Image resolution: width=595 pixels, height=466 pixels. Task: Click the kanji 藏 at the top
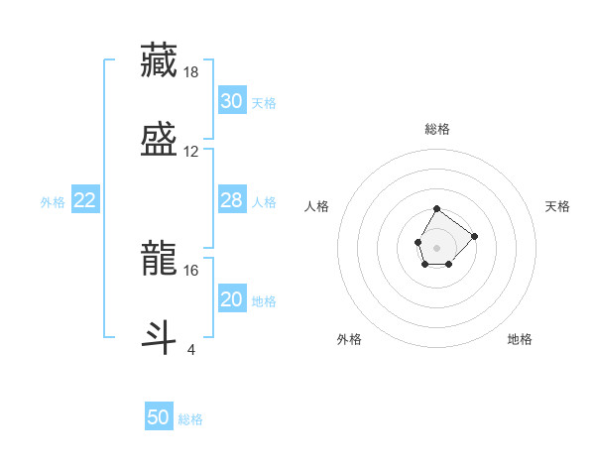[160, 60]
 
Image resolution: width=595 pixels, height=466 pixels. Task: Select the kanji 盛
[160, 139]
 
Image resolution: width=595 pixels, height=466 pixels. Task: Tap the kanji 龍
[160, 260]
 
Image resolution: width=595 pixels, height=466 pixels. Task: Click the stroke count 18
[192, 72]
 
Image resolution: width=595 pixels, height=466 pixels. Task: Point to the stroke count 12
[191, 152]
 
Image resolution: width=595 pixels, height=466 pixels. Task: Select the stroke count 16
[191, 270]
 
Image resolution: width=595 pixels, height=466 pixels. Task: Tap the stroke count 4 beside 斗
[190, 349]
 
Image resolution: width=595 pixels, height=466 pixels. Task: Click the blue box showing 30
[231, 101]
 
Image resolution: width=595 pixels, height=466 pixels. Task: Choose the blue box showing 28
[231, 200]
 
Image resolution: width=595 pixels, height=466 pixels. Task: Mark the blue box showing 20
[231, 299]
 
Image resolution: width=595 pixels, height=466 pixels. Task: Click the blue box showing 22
[85, 201]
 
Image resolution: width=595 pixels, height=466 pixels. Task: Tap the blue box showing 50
[159, 417]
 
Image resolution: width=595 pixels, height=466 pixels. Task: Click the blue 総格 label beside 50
[190, 419]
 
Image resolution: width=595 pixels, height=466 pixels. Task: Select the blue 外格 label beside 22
[53, 202]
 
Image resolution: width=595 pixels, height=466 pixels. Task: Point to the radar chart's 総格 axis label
[437, 129]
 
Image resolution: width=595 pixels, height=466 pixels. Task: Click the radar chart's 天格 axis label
[557, 206]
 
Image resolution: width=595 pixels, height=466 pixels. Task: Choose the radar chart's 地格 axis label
[520, 339]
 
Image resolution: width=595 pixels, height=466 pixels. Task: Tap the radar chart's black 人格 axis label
[317, 206]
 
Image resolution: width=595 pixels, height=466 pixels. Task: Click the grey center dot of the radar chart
[436, 246]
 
